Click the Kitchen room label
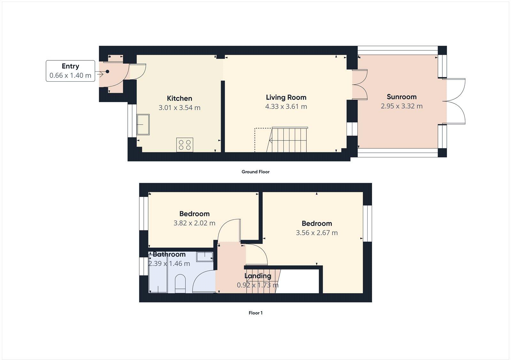pos(179,98)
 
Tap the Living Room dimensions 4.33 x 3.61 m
pos(286,107)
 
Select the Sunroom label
pos(401,97)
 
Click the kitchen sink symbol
pos(143,124)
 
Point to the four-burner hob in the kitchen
pos(185,145)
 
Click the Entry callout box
pos(70,71)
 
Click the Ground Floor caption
pos(255,172)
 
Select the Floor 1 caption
pos(255,313)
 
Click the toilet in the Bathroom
pos(180,283)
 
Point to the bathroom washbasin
pos(205,256)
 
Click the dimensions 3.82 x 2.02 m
pos(194,223)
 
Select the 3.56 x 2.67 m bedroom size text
pos(317,233)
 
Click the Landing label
pos(258,276)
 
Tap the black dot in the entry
pos(107,71)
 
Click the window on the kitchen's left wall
pos(130,120)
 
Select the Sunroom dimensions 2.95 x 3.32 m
pos(401,106)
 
